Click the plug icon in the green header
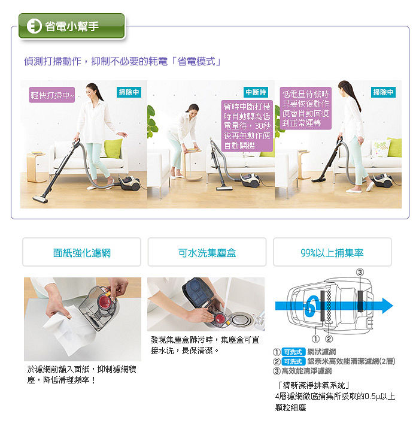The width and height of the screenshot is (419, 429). [34, 26]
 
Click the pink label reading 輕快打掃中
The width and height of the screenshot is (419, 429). [52, 95]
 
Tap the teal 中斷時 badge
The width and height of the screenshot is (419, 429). [256, 92]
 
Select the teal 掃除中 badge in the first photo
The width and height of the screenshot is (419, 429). [129, 92]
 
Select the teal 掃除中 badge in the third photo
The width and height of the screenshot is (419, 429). [383, 92]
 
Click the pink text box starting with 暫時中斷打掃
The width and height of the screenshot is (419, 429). [247, 126]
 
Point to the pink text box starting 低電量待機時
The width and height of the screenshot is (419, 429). [306, 108]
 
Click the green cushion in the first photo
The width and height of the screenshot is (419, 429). [113, 148]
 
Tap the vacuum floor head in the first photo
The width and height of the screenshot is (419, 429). [40, 199]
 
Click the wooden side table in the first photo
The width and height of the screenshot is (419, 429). [37, 167]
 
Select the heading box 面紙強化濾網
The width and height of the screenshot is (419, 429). [82, 252]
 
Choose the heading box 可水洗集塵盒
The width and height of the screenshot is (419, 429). [207, 252]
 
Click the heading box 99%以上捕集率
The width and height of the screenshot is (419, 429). [332, 252]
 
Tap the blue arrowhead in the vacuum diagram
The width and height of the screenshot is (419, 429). [387, 306]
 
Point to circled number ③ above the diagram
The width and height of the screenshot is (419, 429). [360, 273]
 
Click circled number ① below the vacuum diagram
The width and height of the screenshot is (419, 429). [315, 339]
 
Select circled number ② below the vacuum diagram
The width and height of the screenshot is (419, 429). [329, 339]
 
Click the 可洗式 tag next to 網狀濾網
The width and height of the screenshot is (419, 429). [293, 352]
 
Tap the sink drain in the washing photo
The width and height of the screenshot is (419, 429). [242, 319]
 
